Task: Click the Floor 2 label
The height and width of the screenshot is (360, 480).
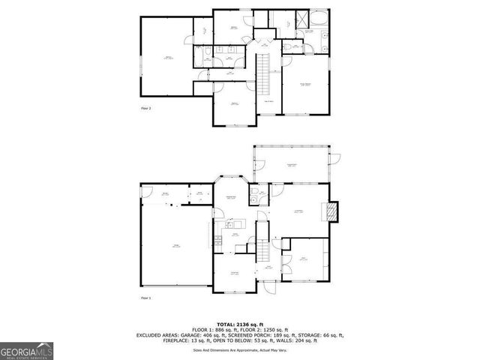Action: tap(146, 108)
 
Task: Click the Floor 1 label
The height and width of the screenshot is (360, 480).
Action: tap(146, 298)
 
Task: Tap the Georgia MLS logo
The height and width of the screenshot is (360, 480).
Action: tap(25, 350)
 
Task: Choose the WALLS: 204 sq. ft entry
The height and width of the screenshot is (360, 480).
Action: tap(302, 340)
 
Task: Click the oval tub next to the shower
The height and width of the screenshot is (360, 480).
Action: tap(316, 20)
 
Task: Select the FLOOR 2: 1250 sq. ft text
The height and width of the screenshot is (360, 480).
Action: tap(267, 329)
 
